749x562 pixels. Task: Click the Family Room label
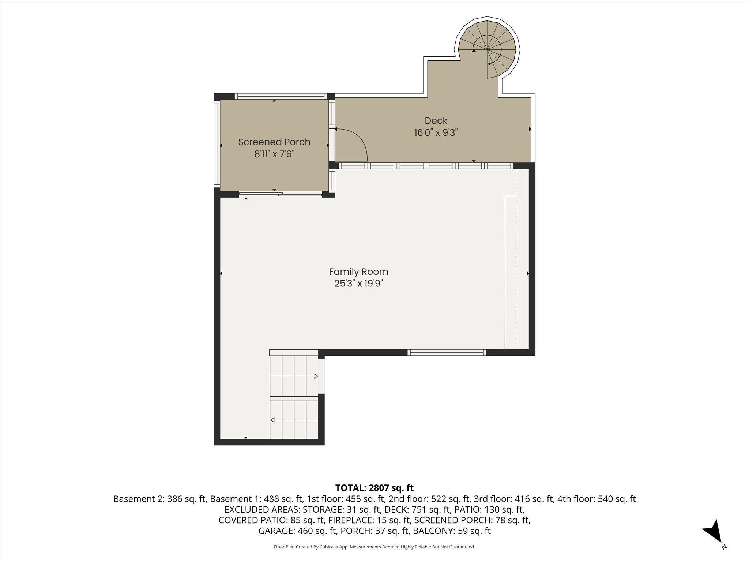coord(358,272)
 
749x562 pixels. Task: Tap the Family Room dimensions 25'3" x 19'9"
coord(358,284)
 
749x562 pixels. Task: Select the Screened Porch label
coord(274,142)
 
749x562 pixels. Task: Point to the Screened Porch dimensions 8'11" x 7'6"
coord(274,154)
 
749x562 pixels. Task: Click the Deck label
coord(436,120)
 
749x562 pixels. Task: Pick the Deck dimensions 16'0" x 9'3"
coord(436,132)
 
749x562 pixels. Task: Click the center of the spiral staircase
coord(488,49)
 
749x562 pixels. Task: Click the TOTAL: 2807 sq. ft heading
coord(374,488)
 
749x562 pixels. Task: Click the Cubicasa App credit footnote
coord(374,547)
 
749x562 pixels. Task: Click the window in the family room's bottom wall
coord(447,353)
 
